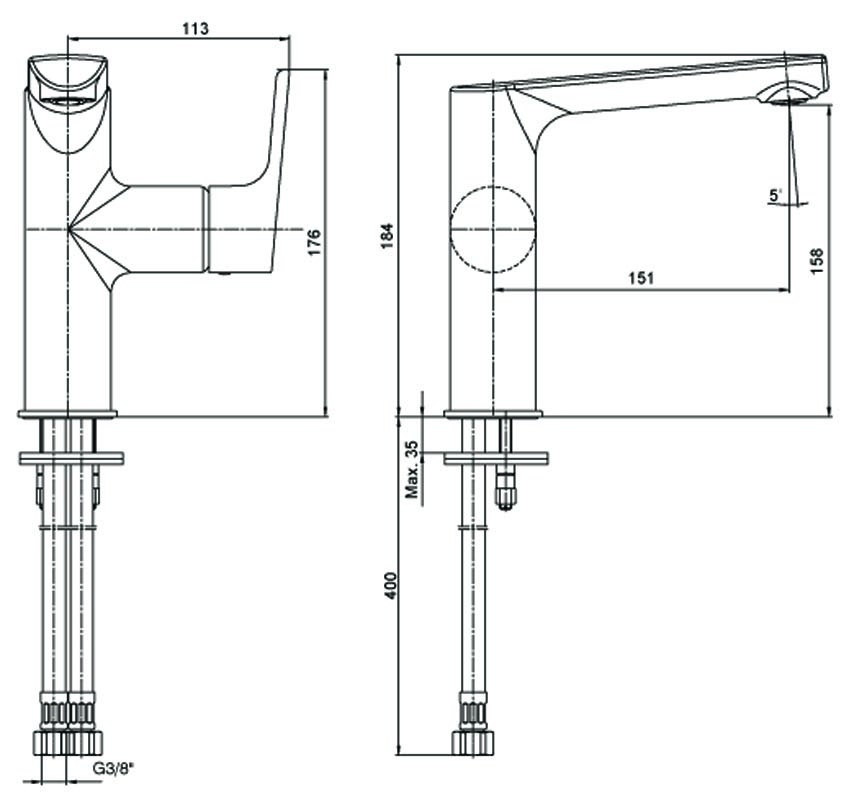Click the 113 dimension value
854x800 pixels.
pyautogui.click(x=195, y=28)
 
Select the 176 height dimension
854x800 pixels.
pyautogui.click(x=315, y=242)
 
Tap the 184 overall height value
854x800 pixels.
pyautogui.click(x=386, y=235)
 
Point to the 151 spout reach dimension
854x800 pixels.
pyautogui.click(x=641, y=278)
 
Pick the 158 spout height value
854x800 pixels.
pyautogui.click(x=817, y=261)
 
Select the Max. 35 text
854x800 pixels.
pyautogui.click(x=412, y=469)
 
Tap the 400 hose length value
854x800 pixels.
pyautogui.click(x=391, y=585)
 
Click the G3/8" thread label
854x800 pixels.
pyautogui.click(x=113, y=768)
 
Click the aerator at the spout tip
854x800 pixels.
pyautogui.click(x=786, y=94)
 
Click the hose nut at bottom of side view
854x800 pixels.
pyautogui.click(x=474, y=742)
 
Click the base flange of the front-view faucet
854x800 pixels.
pyautogui.click(x=68, y=413)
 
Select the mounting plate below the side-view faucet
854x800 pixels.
pyautogui.click(x=496, y=458)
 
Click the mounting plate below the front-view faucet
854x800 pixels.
pyautogui.click(x=71, y=458)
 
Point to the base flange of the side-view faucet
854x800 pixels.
pyautogui.click(x=493, y=414)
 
